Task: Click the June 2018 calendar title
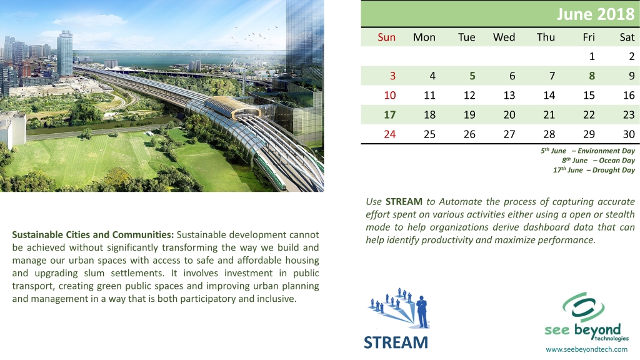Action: [x=596, y=14]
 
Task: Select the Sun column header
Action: [x=386, y=37]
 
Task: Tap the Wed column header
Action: [x=504, y=37]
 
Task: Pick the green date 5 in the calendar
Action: [x=472, y=76]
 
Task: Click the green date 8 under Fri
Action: [x=592, y=76]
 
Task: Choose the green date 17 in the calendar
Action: [x=390, y=115]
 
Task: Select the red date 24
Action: [x=390, y=134]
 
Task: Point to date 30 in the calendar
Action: [x=629, y=134]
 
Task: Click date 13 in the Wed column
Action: [x=509, y=96]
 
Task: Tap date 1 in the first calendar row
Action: [x=592, y=56]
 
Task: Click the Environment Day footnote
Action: [x=587, y=151]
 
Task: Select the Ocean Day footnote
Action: [x=598, y=161]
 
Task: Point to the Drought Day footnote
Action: [x=594, y=170]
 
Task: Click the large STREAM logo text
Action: [x=396, y=342]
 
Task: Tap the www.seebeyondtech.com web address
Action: [x=586, y=349]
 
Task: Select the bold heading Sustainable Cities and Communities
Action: [x=93, y=235]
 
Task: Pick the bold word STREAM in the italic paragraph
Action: [x=404, y=202]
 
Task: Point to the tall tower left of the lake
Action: [x=64, y=53]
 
